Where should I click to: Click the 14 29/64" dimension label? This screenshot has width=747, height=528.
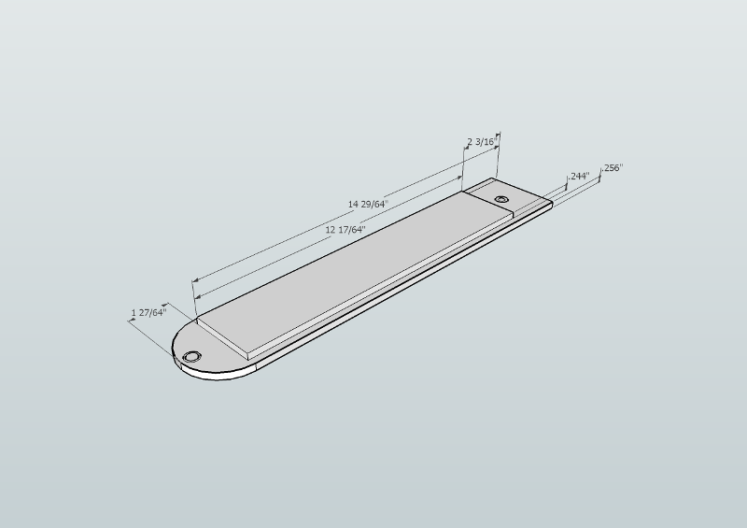[x=368, y=204]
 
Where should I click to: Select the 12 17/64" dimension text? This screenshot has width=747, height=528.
[x=345, y=229]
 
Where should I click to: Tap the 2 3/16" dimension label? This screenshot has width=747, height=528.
[x=482, y=142]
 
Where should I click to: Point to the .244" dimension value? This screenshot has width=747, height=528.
[x=579, y=176]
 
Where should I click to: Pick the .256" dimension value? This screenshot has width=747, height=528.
[x=613, y=168]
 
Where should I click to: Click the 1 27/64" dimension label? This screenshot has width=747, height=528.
[x=149, y=312]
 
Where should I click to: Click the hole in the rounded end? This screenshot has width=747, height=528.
[x=191, y=357]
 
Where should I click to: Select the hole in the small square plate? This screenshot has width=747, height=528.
[x=501, y=199]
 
